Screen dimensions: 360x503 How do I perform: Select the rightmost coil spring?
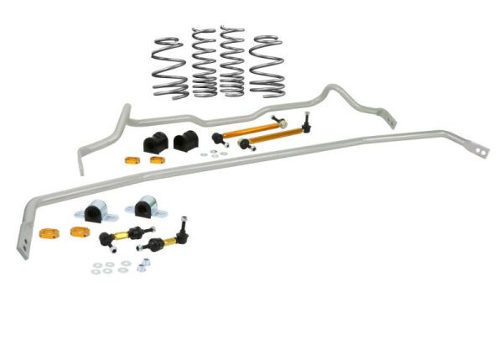coord(267,65)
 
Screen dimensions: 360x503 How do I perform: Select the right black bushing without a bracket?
coord(183,140)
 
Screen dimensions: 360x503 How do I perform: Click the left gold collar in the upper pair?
coord(131,159)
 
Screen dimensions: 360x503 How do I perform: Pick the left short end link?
coord(122,236)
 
